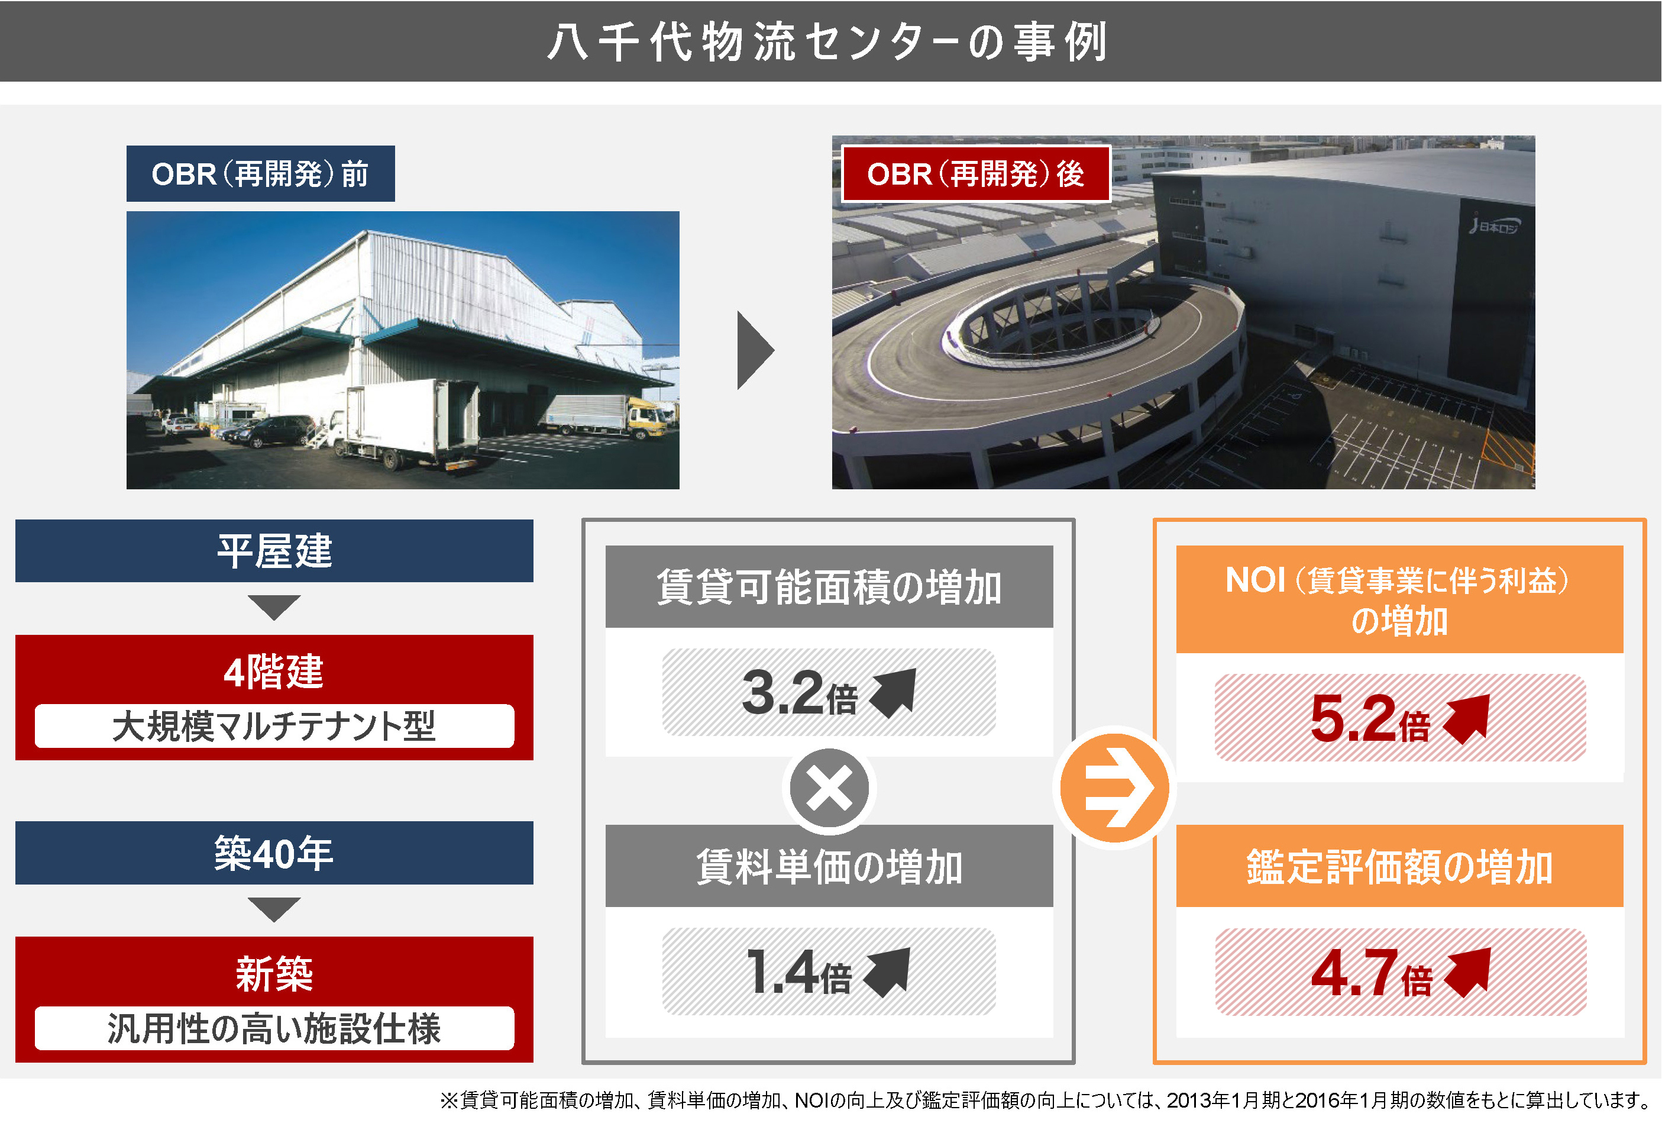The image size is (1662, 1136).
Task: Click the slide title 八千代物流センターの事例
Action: pos(827,42)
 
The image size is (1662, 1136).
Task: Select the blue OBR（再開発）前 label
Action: pos(260,174)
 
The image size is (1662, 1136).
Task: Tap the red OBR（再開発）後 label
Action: pos(975,174)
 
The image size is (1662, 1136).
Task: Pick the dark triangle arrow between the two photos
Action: pos(755,350)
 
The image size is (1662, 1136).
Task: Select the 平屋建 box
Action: pos(274,551)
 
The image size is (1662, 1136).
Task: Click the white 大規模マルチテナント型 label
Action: pos(274,726)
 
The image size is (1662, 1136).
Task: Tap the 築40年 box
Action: pos(274,853)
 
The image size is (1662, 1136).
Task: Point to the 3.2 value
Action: pos(783,692)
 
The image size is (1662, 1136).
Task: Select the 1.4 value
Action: pos(782,972)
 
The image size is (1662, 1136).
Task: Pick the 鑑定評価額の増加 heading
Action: pos(1399,866)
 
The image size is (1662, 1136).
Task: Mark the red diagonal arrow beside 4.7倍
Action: pos(1467,973)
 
